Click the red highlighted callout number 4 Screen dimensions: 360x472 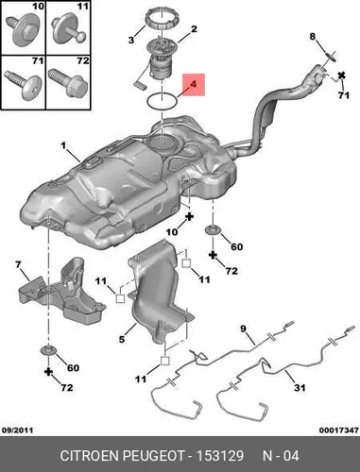pos(193,84)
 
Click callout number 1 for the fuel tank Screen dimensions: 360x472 pos(64,145)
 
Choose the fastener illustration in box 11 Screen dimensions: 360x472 pos(68,29)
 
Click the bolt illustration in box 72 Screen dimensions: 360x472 pos(67,82)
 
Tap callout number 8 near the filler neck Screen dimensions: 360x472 pos(312,37)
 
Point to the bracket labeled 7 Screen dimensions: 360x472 pos(61,292)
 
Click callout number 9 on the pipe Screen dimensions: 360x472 pos(243,329)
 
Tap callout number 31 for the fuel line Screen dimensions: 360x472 pos(300,387)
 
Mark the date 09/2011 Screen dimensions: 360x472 pos(17,430)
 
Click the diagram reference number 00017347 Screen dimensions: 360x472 pos(339,430)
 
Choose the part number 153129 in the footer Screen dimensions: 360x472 pos(220,456)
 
